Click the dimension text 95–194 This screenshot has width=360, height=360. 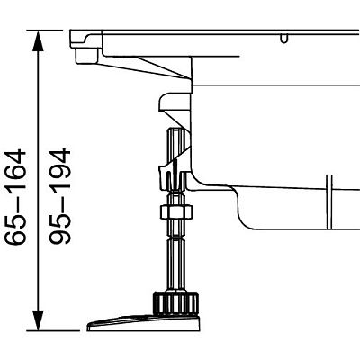point(60,197)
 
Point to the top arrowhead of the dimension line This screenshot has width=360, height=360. point(39,39)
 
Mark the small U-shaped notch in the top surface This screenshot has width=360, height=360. point(285,39)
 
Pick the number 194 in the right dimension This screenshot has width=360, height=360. point(60,171)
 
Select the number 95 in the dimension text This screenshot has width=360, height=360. point(60,233)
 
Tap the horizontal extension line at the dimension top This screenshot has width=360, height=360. point(54,31)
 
